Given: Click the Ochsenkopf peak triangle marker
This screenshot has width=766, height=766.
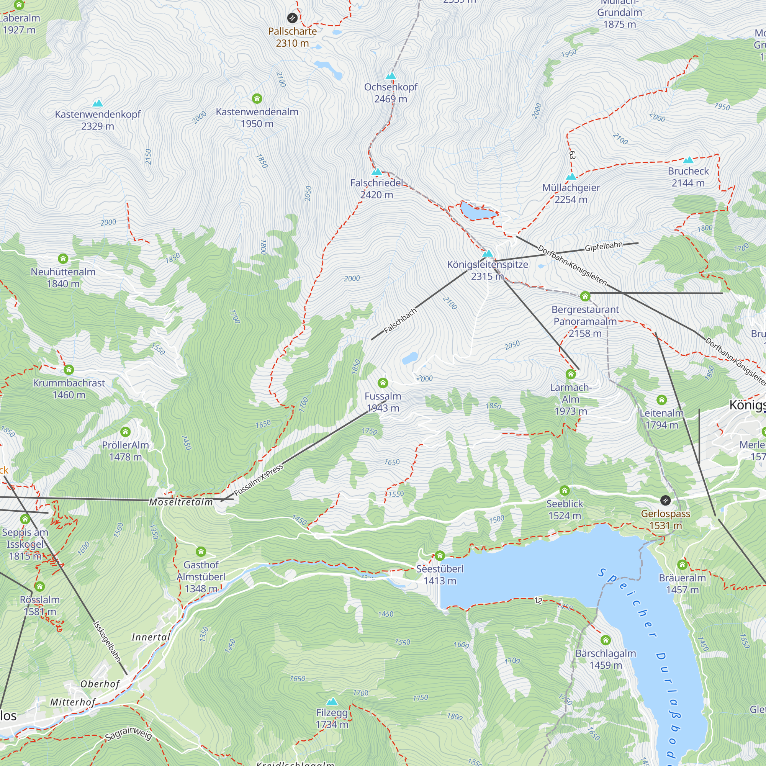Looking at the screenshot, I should [x=391, y=76].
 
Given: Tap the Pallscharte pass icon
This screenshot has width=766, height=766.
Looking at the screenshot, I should [x=292, y=18].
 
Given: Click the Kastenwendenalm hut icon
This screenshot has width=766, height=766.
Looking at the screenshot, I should [x=257, y=98].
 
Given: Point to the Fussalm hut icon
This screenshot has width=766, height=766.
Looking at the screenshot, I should [x=383, y=383].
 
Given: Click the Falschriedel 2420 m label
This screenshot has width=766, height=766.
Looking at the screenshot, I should [x=376, y=189].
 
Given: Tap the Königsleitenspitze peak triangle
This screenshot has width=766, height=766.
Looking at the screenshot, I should [x=487, y=253].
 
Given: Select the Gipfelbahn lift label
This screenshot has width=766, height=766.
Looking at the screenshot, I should [x=604, y=246].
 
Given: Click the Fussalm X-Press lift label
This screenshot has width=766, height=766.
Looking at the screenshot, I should [x=259, y=480].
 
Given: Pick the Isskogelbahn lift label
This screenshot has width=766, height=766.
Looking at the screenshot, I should [x=106, y=641].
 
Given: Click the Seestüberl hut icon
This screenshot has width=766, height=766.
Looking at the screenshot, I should [x=440, y=555].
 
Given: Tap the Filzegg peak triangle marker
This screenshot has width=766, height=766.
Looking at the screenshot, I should [x=332, y=701].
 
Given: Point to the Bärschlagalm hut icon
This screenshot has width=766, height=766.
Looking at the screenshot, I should [x=606, y=640].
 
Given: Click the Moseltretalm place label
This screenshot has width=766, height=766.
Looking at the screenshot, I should [x=181, y=502].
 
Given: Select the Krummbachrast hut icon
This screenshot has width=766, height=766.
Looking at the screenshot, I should [x=69, y=370].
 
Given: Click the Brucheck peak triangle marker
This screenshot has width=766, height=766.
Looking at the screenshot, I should [x=688, y=160].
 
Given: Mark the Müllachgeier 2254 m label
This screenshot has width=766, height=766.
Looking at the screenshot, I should [x=571, y=193].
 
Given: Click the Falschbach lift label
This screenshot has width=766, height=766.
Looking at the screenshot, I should [x=401, y=320].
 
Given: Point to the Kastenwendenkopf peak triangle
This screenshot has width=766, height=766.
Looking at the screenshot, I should [x=98, y=103].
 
